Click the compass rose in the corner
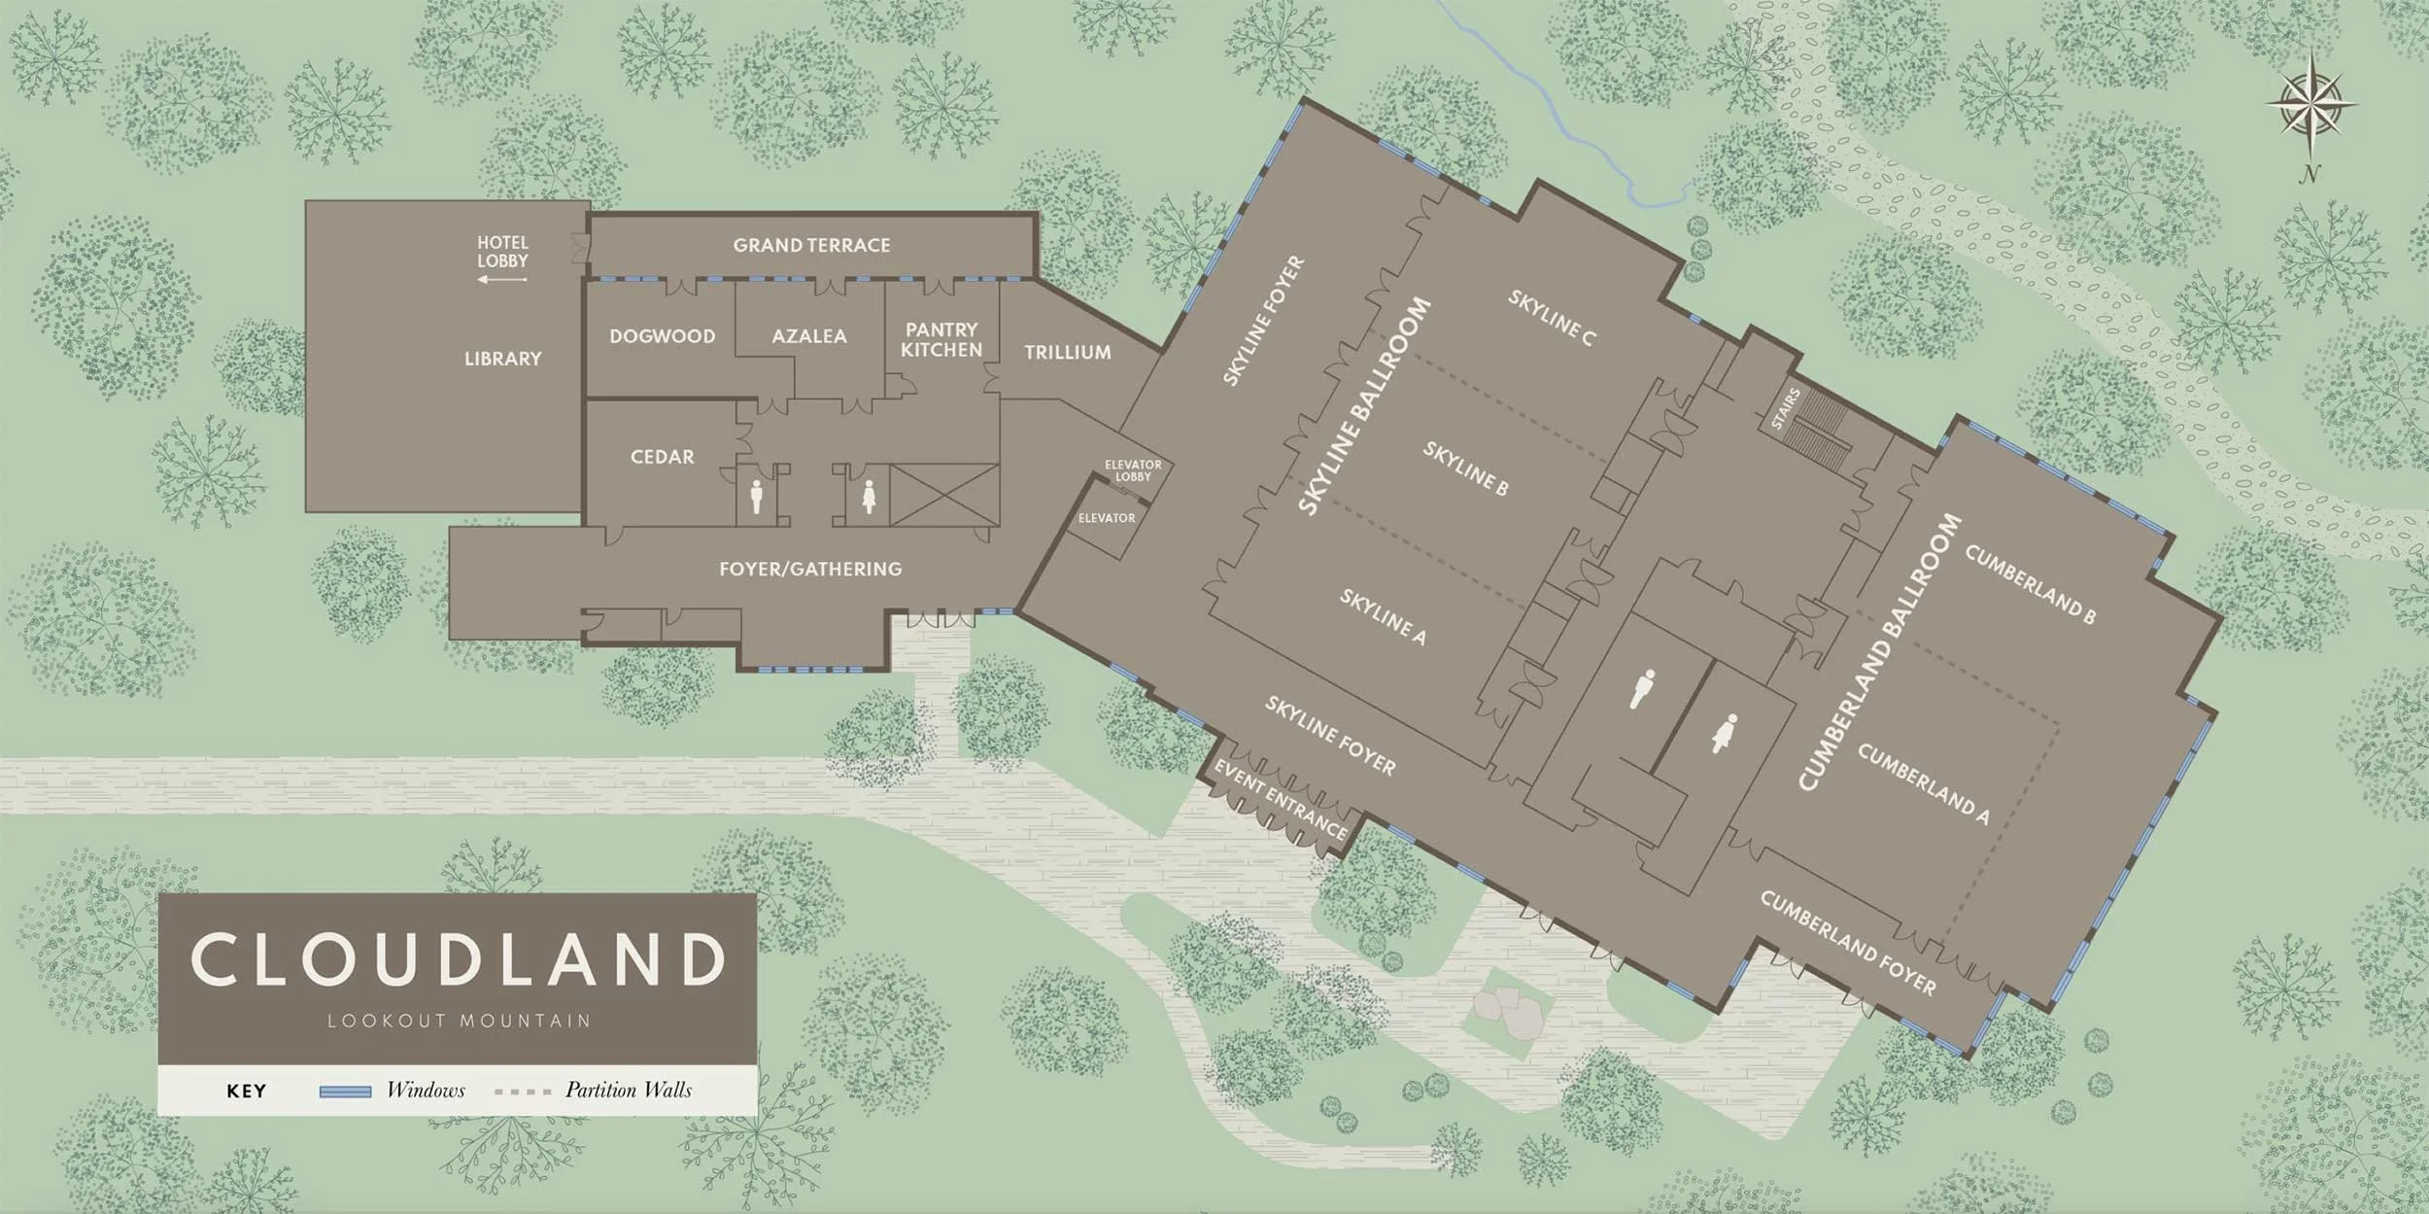pyautogui.click(x=2309, y=105)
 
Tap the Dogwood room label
pyautogui.click(x=662, y=336)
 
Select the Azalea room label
pyautogui.click(x=809, y=336)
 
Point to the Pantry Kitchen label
pyautogui.click(x=941, y=340)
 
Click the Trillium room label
pyautogui.click(x=1067, y=353)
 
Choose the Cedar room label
pyautogui.click(x=662, y=457)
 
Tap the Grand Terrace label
pyautogui.click(x=811, y=245)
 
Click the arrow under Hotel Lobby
pyautogui.click(x=502, y=280)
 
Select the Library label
pyautogui.click(x=502, y=359)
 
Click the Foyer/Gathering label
pyautogui.click(x=810, y=569)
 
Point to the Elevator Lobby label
pyautogui.click(x=1133, y=470)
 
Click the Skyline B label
pyautogui.click(x=1465, y=468)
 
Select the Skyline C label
pyautogui.click(x=1551, y=317)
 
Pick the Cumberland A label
pyautogui.click(x=1923, y=783)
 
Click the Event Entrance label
pyautogui.click(x=1281, y=799)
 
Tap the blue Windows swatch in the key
pyautogui.click(x=345, y=1092)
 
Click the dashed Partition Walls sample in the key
pyautogui.click(x=523, y=1092)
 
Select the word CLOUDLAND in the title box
pyautogui.click(x=458, y=959)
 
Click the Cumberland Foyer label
pyautogui.click(x=1847, y=943)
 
